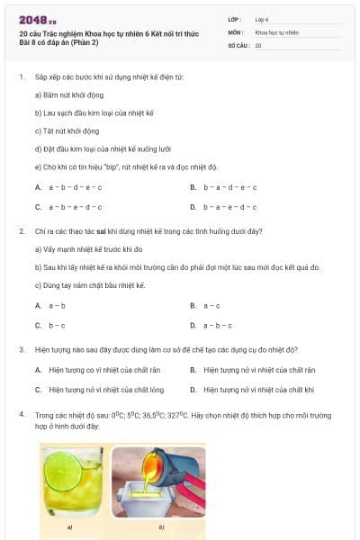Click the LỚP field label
pos(235,19)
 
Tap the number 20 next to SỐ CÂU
pos(258,45)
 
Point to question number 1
pos(21,77)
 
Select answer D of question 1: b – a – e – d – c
pos(229,207)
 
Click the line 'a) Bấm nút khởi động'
pos(68,94)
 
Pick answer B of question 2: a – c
pos(211,306)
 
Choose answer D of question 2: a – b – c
pos(216,325)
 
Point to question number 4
pos(21,414)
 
